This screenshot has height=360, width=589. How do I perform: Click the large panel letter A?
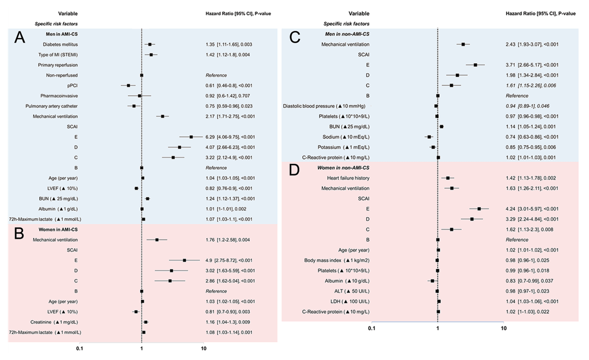(20, 38)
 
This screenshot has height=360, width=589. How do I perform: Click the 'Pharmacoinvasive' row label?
(61, 96)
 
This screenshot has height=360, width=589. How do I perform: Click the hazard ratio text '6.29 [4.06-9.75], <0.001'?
(235, 137)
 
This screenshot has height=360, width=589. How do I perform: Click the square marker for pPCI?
(129, 85)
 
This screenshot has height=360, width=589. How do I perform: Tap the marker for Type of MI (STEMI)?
(151, 54)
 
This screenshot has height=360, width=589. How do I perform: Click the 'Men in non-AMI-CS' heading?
(347, 34)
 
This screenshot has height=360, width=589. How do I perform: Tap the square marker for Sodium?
(429, 137)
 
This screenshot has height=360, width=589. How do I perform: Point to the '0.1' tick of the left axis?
(80, 349)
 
